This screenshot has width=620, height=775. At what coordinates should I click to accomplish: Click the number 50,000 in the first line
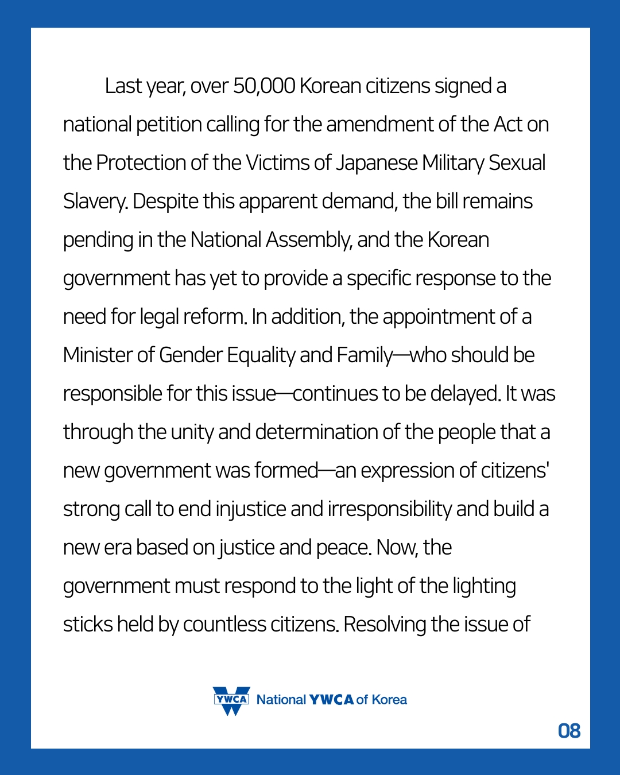coord(264,86)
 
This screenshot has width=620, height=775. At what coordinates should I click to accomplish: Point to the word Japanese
coord(377,163)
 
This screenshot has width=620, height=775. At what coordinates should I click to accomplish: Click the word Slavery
coord(95,202)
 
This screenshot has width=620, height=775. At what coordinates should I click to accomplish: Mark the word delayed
coord(465,394)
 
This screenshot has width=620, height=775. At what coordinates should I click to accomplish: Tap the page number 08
coord(569,731)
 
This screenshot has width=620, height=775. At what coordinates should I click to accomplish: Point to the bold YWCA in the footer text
coord(331,700)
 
